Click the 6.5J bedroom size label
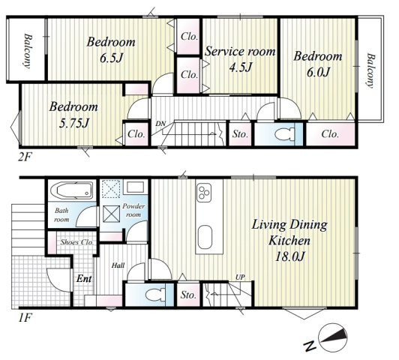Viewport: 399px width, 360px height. tap(111, 58)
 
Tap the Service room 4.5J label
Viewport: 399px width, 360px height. tap(240, 59)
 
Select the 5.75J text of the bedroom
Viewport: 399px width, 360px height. tap(73, 124)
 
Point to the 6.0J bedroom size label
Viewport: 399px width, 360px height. tap(318, 73)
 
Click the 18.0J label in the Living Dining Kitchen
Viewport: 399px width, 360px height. tap(289, 256)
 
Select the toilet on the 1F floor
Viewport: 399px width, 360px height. tap(156, 295)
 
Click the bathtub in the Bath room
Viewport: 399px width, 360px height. tap(71, 190)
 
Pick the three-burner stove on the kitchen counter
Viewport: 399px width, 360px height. tap(204, 193)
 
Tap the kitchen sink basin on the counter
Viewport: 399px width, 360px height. tap(205, 237)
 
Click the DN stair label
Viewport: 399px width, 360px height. tap(160, 124)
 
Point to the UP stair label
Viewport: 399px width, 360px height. tap(240, 277)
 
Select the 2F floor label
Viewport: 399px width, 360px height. tap(24, 157)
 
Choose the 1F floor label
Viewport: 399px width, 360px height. tap(25, 318)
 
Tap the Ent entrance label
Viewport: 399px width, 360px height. tap(84, 278)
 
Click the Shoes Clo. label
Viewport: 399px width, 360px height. tap(77, 242)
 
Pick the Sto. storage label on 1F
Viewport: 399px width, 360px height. tap(188, 295)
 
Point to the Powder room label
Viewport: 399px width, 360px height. tap(133, 210)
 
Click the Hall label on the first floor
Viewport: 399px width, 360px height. tap(118, 265)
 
